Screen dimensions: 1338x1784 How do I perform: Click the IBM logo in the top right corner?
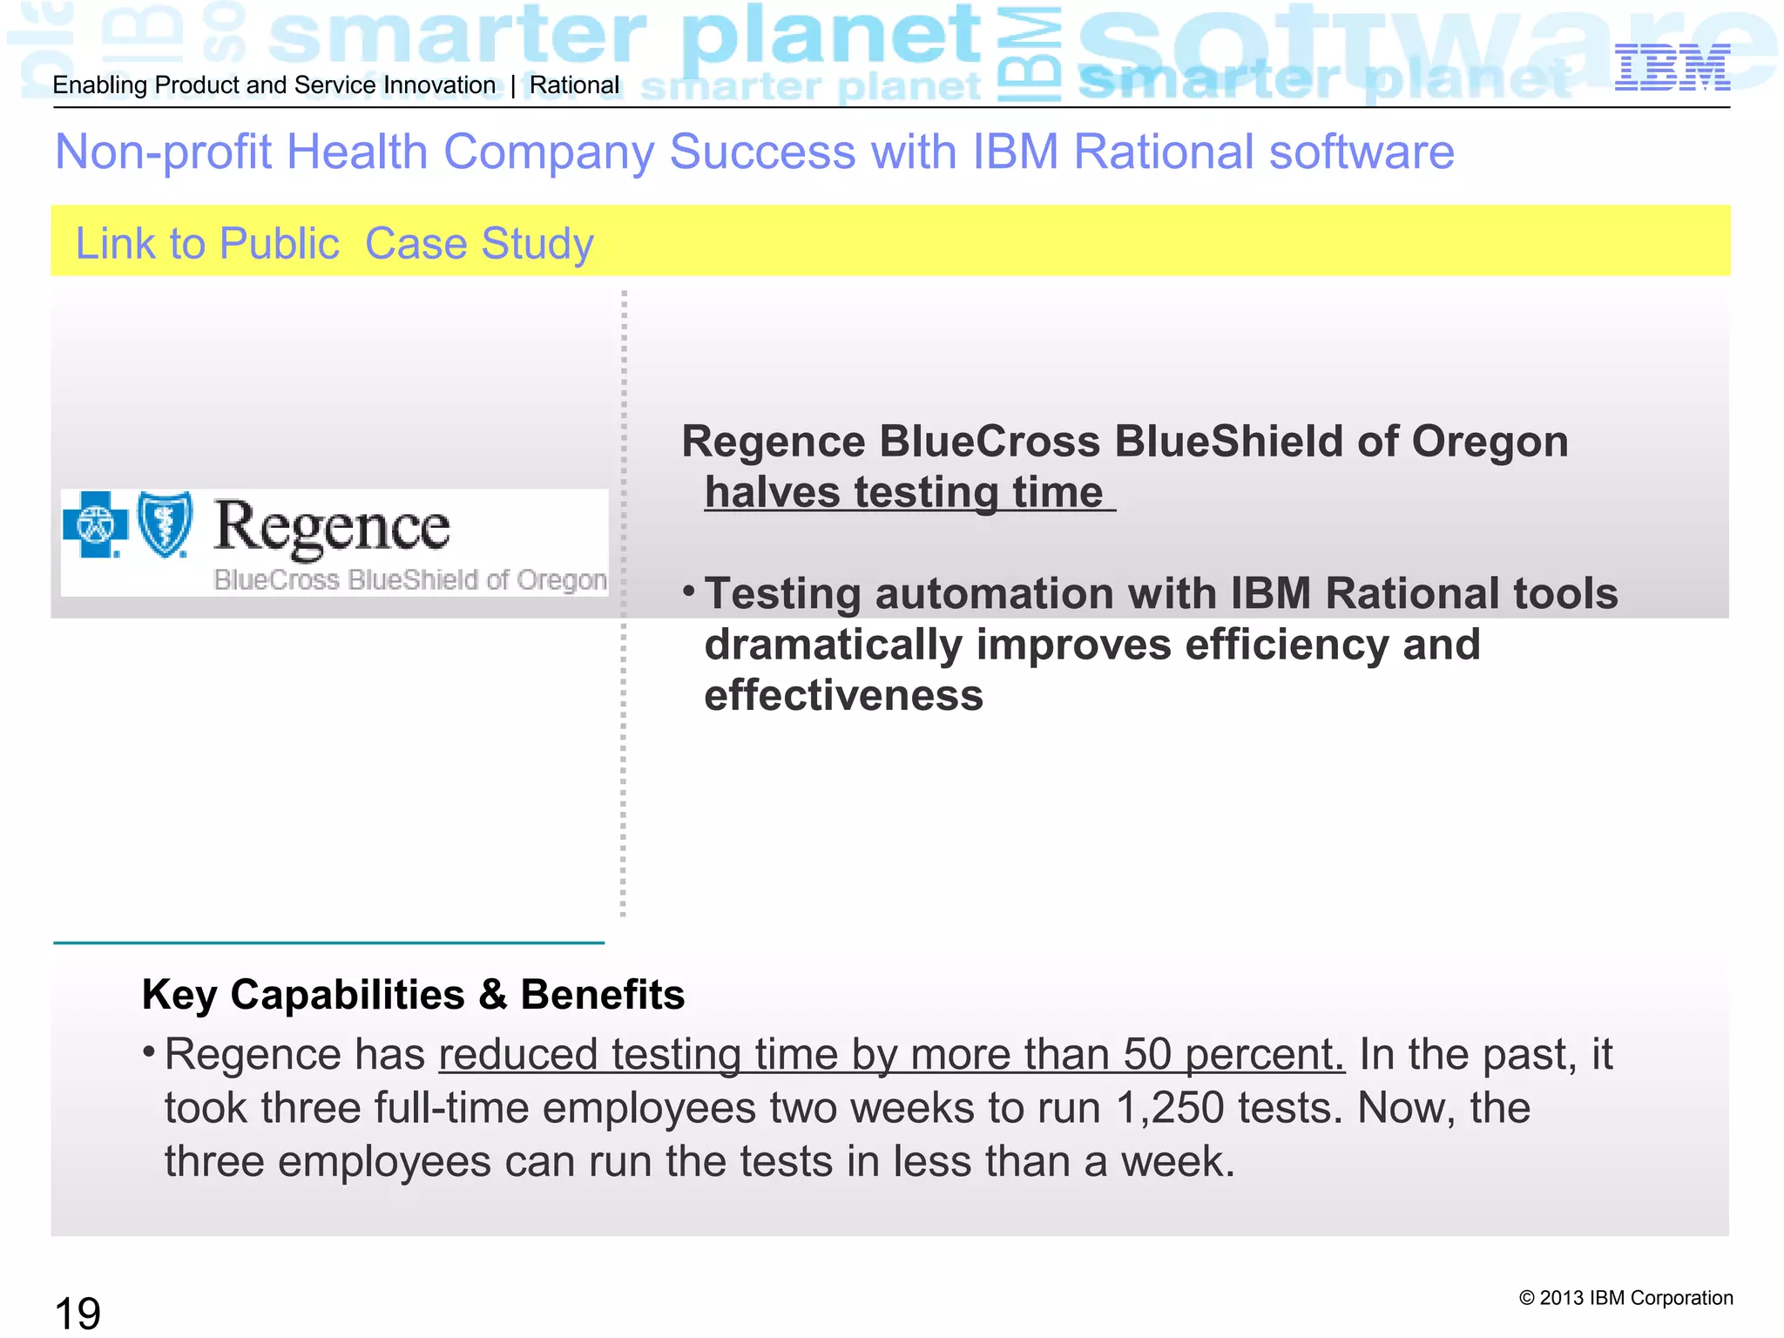click(x=1672, y=68)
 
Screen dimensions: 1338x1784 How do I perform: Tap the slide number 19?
click(x=78, y=1313)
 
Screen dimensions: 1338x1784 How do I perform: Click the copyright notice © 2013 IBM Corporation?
click(x=1625, y=1298)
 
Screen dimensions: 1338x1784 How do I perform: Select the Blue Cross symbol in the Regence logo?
click(x=95, y=524)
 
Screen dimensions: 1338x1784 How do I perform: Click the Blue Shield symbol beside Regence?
click(x=166, y=524)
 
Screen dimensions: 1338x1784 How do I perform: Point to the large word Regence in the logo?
click(x=332, y=527)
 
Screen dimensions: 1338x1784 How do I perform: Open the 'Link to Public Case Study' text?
click(x=334, y=244)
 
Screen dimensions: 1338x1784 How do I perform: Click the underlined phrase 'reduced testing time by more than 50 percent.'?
click(x=891, y=1055)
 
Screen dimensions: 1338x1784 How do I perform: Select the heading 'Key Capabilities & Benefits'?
click(x=413, y=995)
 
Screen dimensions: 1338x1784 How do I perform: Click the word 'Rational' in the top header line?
click(x=574, y=85)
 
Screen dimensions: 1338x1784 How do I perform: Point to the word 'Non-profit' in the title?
click(x=163, y=152)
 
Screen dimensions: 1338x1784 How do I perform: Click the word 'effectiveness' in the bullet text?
click(x=843, y=696)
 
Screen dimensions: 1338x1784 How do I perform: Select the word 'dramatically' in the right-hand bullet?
click(x=833, y=645)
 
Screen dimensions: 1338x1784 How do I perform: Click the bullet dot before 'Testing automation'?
click(x=688, y=592)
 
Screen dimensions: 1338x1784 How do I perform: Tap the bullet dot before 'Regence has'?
click(x=149, y=1052)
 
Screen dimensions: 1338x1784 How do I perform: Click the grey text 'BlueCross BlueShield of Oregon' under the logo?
click(x=410, y=580)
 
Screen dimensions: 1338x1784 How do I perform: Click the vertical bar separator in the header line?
click(x=513, y=85)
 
